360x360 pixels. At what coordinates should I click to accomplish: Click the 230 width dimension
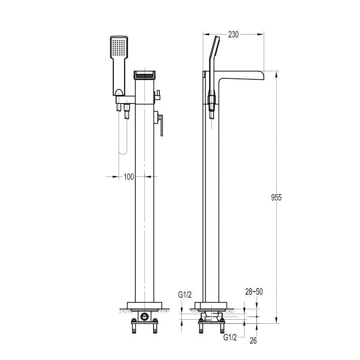tap(233, 34)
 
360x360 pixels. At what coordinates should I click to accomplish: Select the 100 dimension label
tap(129, 177)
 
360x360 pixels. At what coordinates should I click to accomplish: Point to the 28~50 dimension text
tap(254, 292)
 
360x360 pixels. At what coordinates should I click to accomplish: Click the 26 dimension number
tap(253, 341)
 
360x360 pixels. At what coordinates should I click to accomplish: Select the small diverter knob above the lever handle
tap(158, 94)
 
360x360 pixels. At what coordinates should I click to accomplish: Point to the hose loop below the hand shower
tap(123, 139)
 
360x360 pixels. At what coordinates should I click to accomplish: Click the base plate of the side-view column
tap(210, 306)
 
